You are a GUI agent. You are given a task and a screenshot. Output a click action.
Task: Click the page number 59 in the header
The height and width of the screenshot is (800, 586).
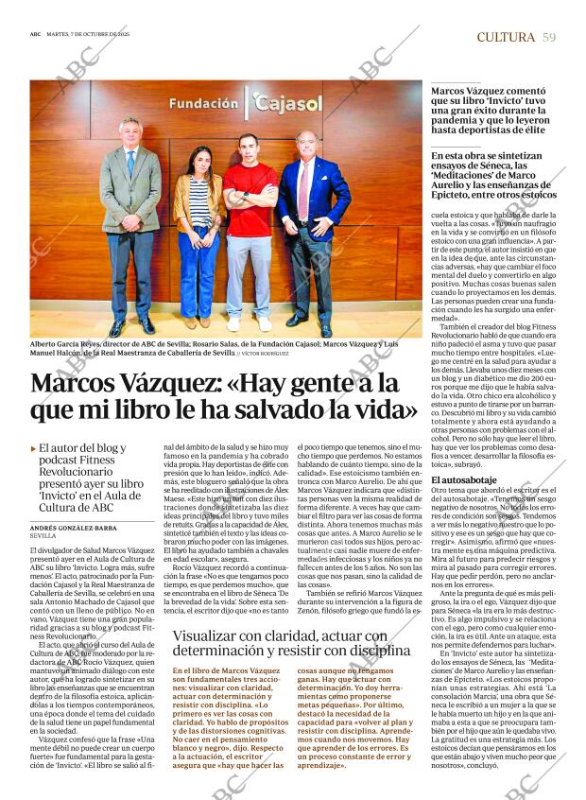[x=549, y=37]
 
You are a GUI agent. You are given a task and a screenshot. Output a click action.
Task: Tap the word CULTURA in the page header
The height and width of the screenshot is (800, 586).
[x=506, y=37]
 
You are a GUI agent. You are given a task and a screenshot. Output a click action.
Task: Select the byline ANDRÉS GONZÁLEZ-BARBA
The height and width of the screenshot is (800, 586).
[x=73, y=528]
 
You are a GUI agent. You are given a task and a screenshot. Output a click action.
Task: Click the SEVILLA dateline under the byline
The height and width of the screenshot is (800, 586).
[x=44, y=536]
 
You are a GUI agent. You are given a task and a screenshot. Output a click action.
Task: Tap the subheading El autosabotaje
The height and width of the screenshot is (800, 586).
[x=464, y=480]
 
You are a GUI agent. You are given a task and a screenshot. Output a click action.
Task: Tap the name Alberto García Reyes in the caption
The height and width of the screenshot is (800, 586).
[x=70, y=344]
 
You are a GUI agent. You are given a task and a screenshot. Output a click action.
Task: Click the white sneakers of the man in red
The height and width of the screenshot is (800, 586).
[x=248, y=323]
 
